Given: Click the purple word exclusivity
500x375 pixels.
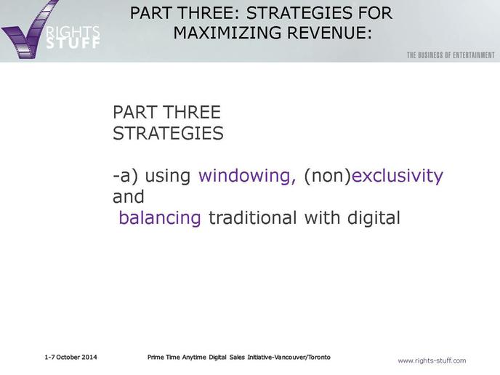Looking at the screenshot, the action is [398, 176].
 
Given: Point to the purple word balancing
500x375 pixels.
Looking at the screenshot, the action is [160, 218].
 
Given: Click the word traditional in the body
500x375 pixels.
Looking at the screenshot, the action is [253, 218].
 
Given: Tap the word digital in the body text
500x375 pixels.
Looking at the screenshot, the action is [374, 218].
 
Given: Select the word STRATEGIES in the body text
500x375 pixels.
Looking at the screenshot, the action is [168, 133].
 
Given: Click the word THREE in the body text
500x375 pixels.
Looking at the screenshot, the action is [192, 112].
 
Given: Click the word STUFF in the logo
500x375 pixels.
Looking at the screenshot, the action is [73, 43].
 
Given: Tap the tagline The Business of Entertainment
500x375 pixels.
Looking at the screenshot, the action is [451, 55].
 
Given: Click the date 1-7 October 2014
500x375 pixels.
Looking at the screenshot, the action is [70, 357].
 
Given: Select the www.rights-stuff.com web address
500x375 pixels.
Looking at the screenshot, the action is [432, 360].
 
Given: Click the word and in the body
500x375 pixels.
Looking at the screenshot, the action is [129, 197].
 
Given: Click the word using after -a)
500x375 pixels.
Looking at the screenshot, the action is [168, 176].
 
